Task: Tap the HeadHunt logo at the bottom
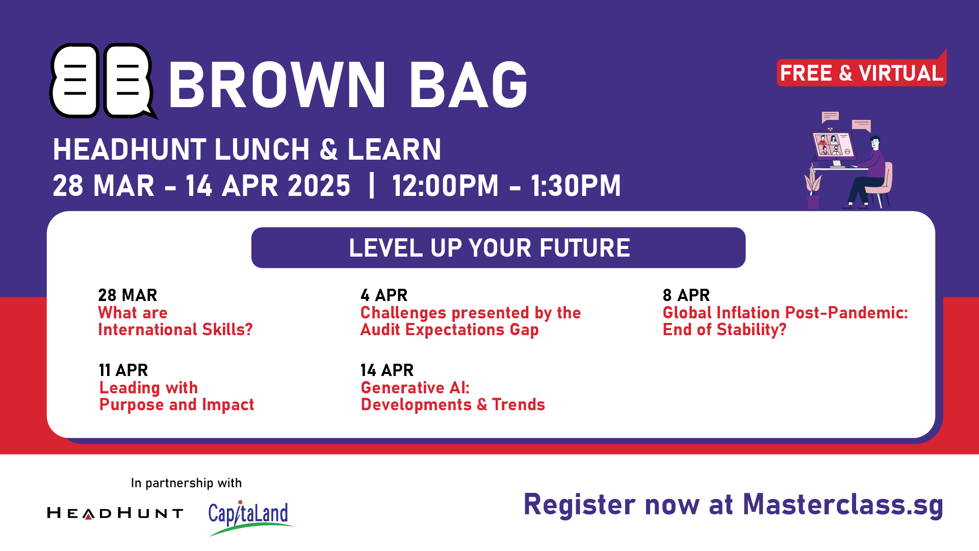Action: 115,513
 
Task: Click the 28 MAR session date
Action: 127,295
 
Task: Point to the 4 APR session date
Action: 384,295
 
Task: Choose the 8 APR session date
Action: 686,295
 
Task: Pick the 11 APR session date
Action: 123,370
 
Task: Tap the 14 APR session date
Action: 387,370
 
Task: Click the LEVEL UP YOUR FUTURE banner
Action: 498,248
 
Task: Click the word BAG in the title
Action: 468,85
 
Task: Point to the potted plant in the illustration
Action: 813,188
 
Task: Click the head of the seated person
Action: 875,142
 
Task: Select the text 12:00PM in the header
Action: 445,186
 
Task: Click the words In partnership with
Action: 186,483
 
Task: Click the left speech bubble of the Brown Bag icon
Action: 74,81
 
